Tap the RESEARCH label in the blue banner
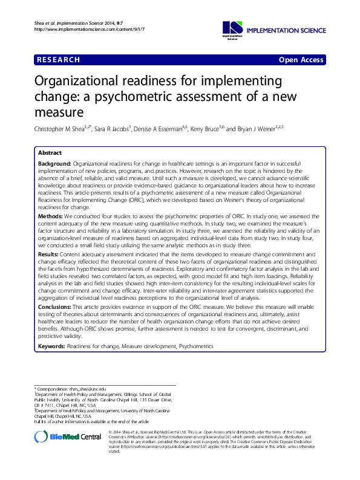(58, 60)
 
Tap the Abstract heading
(50, 154)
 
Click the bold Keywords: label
(52, 346)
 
